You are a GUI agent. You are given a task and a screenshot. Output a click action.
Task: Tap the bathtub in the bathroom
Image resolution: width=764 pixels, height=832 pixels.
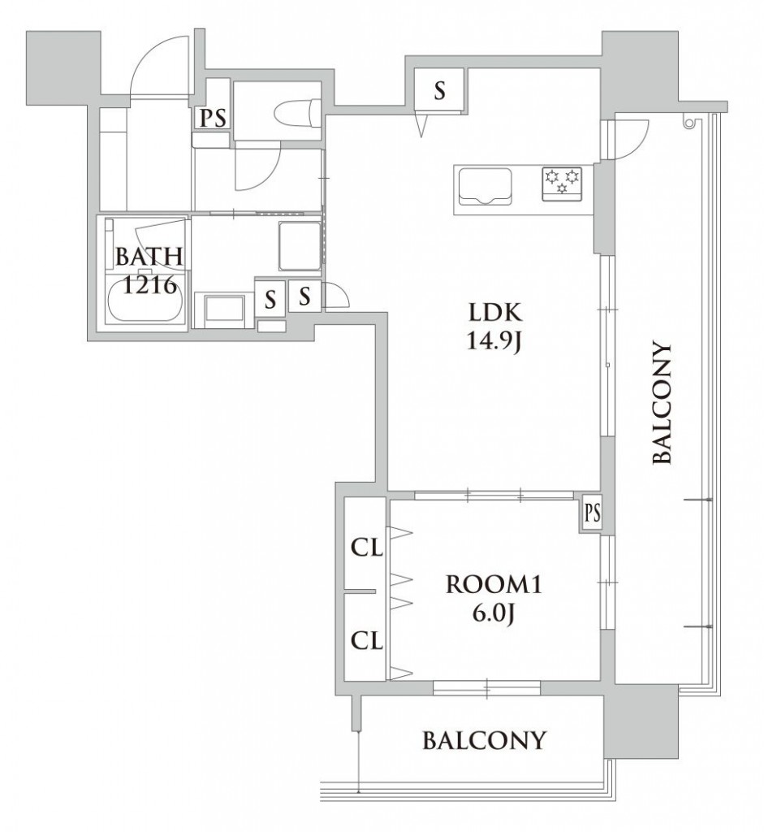click(x=145, y=305)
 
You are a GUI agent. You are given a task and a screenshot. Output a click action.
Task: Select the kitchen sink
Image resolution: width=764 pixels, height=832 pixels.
click(x=483, y=186)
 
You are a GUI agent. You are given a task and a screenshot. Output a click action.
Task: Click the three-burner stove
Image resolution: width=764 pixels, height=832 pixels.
click(x=562, y=184)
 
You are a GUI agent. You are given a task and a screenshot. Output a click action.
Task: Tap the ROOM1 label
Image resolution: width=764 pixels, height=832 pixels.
click(x=494, y=585)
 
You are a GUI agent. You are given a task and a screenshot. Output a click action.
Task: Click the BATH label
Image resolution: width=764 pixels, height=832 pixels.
click(x=149, y=257)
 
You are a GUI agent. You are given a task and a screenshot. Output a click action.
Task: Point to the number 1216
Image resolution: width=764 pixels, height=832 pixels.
click(x=149, y=285)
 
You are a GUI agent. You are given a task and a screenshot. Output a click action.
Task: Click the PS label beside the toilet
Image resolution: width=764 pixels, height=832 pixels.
click(x=214, y=119)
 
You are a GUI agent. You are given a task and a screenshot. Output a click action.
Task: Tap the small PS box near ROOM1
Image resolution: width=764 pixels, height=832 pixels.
click(x=592, y=513)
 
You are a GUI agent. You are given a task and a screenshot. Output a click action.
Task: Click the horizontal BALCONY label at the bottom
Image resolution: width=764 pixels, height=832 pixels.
click(x=484, y=740)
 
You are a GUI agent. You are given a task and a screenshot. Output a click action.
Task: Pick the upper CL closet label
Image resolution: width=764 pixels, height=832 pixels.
click(x=367, y=548)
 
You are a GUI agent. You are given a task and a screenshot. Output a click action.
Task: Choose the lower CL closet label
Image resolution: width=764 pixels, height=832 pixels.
click(x=367, y=642)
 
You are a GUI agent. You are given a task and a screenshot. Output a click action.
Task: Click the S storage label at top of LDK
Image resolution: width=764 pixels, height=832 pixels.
click(x=439, y=91)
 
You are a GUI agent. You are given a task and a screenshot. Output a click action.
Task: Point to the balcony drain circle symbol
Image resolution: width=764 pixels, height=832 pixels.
click(x=688, y=123)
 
